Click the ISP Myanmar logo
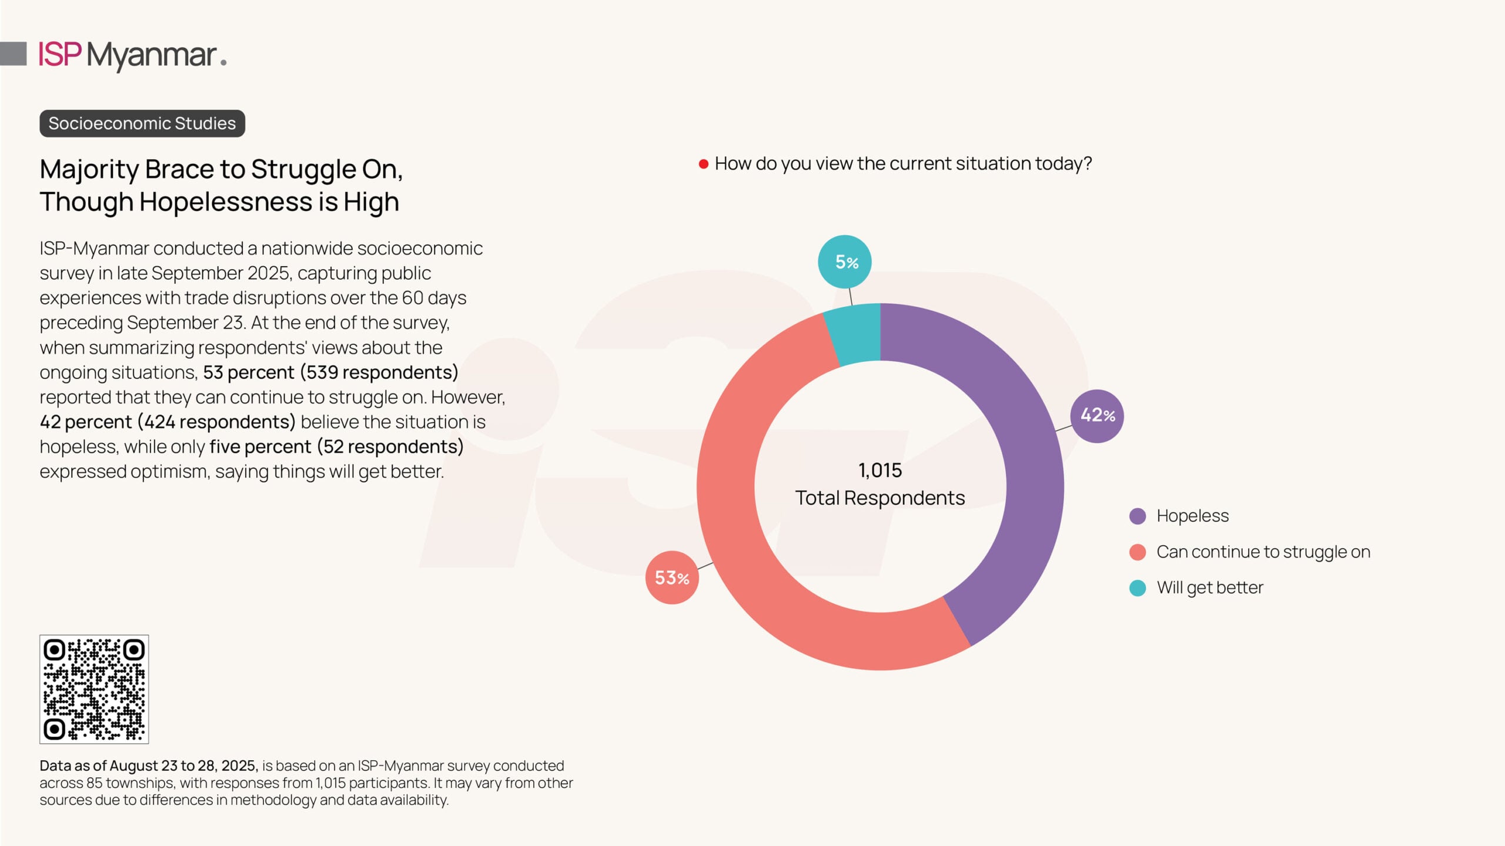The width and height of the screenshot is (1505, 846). pyautogui.click(x=132, y=55)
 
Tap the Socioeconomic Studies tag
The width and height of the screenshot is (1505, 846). pyautogui.click(x=142, y=123)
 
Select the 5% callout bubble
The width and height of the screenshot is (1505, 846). pyautogui.click(x=845, y=262)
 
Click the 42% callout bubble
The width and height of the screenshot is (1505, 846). pyautogui.click(x=1097, y=416)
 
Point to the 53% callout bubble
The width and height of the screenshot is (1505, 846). pyautogui.click(x=672, y=578)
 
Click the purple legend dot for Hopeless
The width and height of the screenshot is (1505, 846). pyautogui.click(x=1138, y=516)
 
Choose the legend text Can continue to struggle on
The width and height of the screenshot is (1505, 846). pyautogui.click(x=1263, y=552)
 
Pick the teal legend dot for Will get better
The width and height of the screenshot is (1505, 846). pyautogui.click(x=1138, y=588)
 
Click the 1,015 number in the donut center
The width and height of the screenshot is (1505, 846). pyautogui.click(x=879, y=471)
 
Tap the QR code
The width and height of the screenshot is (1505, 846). pyautogui.click(x=94, y=689)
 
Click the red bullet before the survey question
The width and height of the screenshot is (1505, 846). pyautogui.click(x=703, y=164)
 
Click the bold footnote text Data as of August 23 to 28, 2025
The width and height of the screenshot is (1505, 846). pyautogui.click(x=149, y=766)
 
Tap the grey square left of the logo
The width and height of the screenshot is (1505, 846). pyautogui.click(x=14, y=53)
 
